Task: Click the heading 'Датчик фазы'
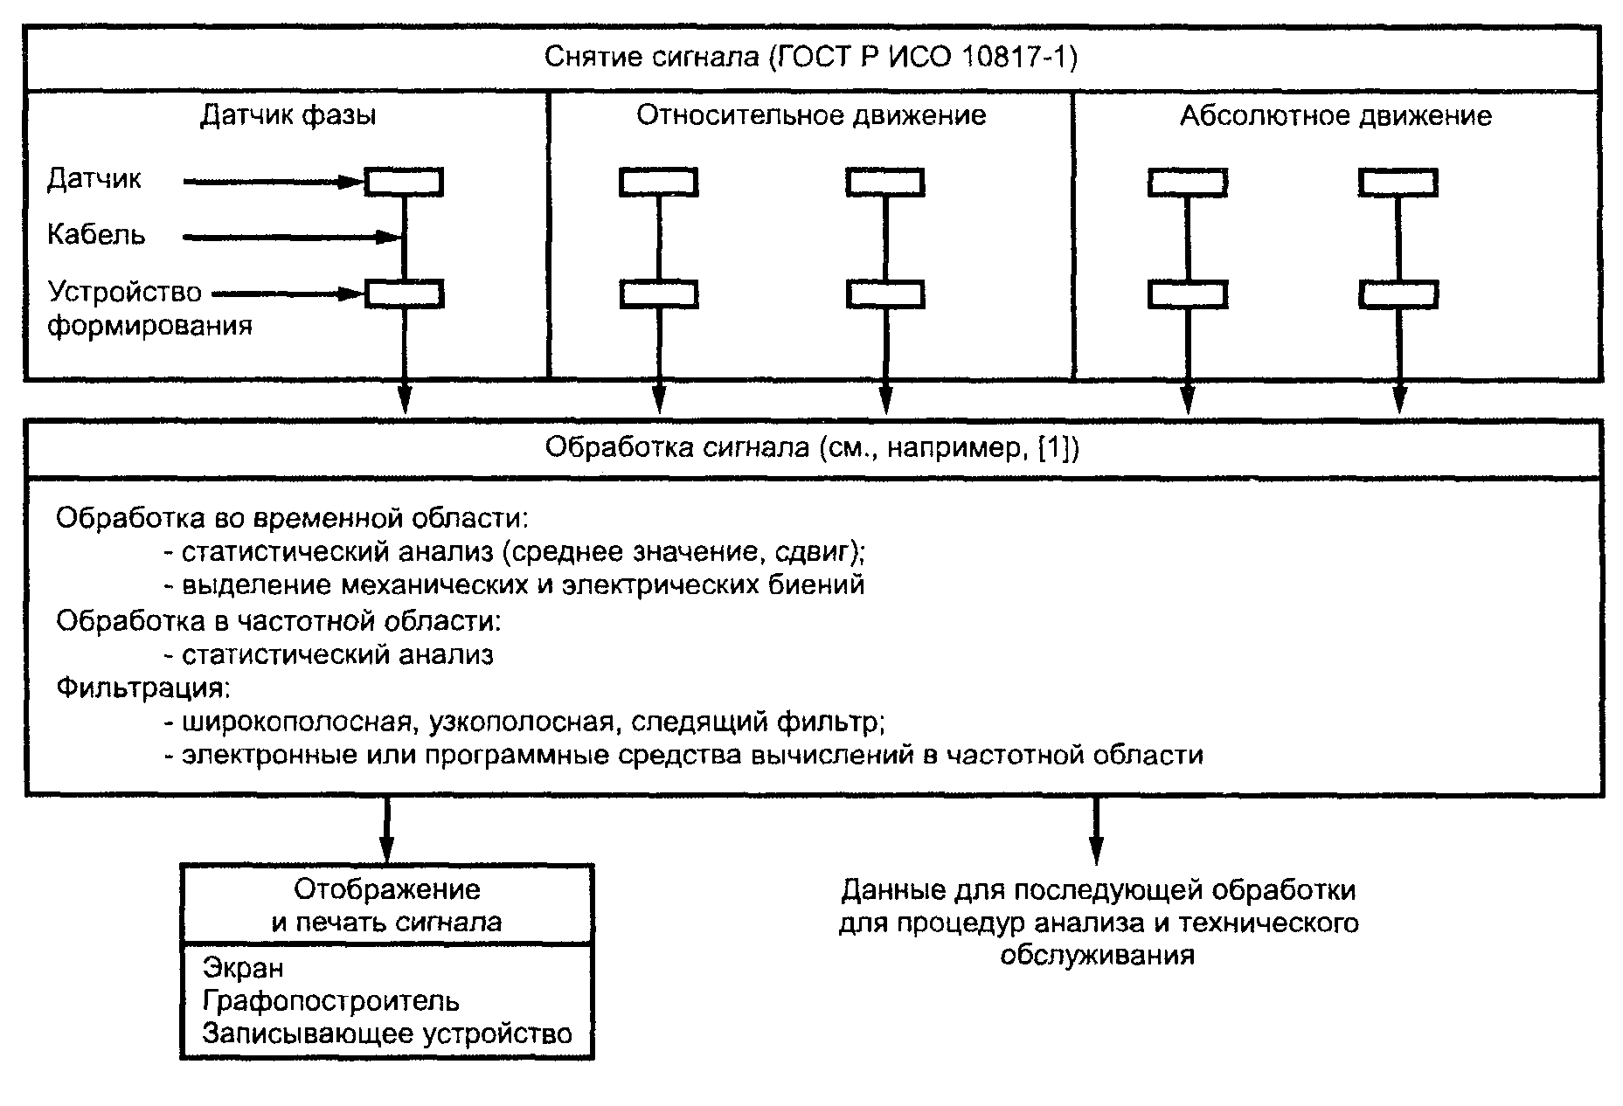click(x=288, y=116)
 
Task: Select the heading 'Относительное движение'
click(x=811, y=115)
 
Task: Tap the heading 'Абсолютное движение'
click(x=1336, y=116)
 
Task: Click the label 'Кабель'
click(x=96, y=235)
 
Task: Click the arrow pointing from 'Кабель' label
click(x=293, y=237)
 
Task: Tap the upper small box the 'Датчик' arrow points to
click(x=404, y=182)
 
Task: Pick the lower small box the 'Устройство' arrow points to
click(x=404, y=294)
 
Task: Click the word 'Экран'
click(x=243, y=968)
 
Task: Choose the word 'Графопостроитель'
click(x=330, y=1001)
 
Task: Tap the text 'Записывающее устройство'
click(x=387, y=1034)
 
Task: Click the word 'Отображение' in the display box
click(x=387, y=890)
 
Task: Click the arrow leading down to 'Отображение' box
click(x=386, y=829)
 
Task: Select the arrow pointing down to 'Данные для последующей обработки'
click(x=1096, y=829)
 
